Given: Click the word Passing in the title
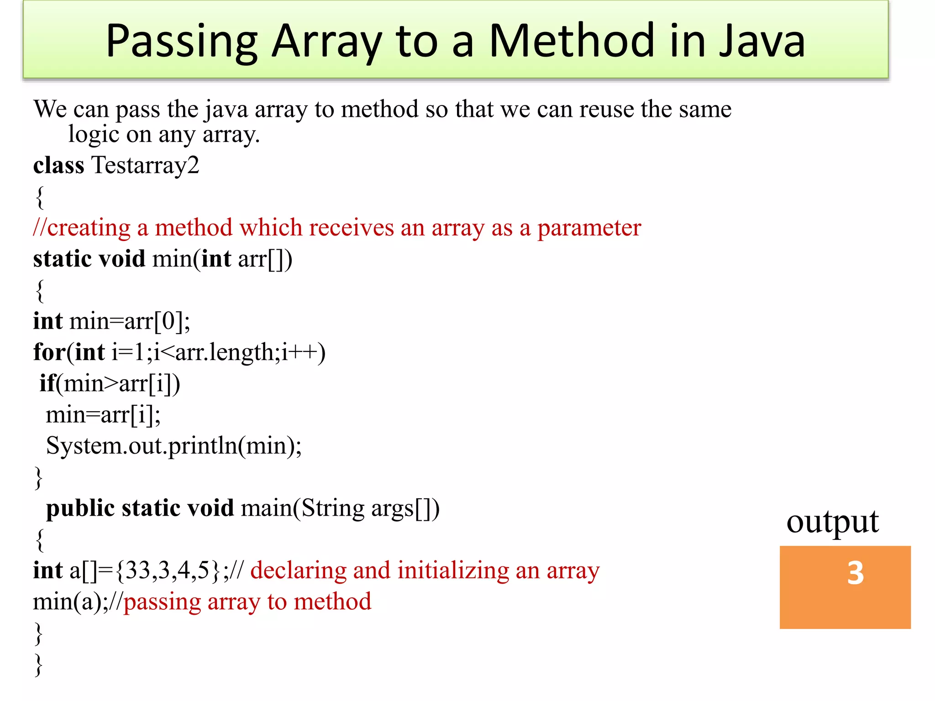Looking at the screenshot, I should point(182,42).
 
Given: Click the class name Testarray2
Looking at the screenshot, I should point(145,165).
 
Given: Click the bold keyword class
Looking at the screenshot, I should point(58,165).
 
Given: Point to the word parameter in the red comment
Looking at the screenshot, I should point(589,228).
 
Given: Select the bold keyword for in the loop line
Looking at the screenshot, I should point(49,352).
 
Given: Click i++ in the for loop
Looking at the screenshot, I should point(299,352).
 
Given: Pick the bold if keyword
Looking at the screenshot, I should point(47,383).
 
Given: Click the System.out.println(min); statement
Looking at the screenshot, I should point(173,446).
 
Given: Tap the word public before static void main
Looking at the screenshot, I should point(80,508).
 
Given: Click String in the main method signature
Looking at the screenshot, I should point(332,508).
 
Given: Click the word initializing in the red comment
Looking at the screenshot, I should point(453,570).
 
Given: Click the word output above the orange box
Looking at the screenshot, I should point(832,522).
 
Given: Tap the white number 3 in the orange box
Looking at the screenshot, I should point(855,573).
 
